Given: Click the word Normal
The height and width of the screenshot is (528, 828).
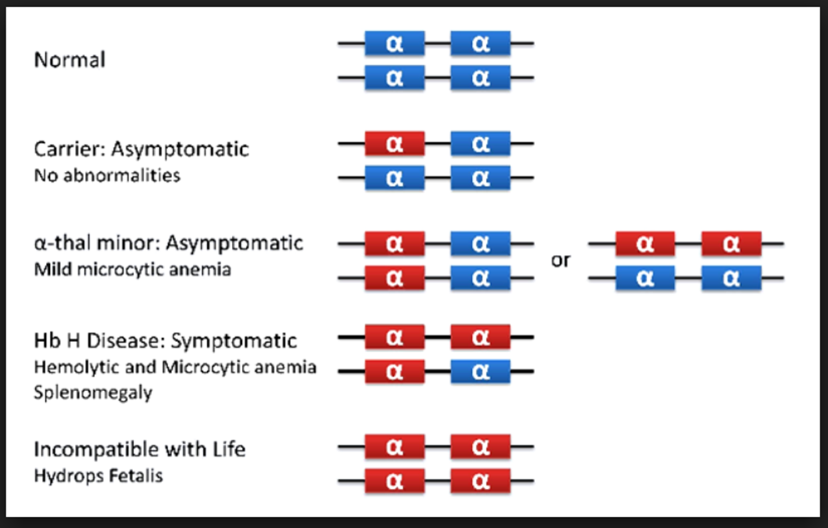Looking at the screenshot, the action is coord(70,60).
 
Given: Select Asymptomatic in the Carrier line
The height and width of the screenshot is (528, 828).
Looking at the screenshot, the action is coord(180,150).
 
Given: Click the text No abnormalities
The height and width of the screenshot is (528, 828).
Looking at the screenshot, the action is coord(107,175).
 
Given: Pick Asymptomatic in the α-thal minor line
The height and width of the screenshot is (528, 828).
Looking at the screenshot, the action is coord(235,244).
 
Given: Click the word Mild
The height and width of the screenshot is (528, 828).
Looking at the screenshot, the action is coord(53,270).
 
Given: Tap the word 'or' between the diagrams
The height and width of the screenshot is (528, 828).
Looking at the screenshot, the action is coord(561,261).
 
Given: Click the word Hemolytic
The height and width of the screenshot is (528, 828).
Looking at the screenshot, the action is coord(77,368).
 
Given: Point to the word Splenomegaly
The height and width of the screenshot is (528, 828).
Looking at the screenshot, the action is coord(93,393).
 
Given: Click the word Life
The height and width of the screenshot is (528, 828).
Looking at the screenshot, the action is coord(229,450).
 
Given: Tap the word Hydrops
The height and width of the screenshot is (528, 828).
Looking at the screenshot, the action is coord(62,476).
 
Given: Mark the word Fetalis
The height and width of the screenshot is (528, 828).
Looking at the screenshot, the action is coord(130,476).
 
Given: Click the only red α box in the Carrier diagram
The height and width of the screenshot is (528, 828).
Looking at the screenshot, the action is coord(395,143).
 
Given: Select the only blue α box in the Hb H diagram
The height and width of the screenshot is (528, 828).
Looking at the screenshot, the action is coord(480,371).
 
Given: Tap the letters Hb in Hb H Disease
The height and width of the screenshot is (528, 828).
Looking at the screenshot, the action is coord(47,340).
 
